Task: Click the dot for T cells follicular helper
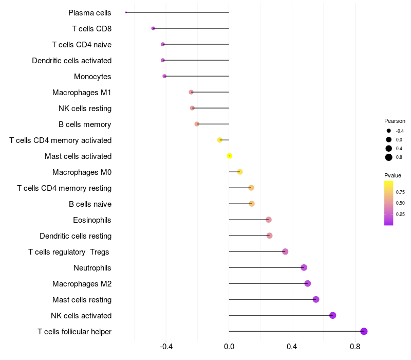point(364,331)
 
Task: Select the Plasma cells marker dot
point(126,12)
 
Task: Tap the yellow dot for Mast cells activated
point(230,156)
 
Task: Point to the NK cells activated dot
point(332,315)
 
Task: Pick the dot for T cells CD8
point(153,28)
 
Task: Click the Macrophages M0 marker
point(240,172)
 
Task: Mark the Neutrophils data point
point(304,267)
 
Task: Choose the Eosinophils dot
point(269,220)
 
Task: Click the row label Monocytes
point(92,77)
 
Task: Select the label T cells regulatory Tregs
point(69,252)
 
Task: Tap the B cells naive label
point(90,204)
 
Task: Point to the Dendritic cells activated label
point(71,61)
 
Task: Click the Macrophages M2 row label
point(82,284)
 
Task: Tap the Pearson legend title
point(395,121)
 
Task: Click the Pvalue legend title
point(393,175)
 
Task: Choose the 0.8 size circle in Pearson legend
point(389,157)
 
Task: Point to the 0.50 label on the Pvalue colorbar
point(400,203)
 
